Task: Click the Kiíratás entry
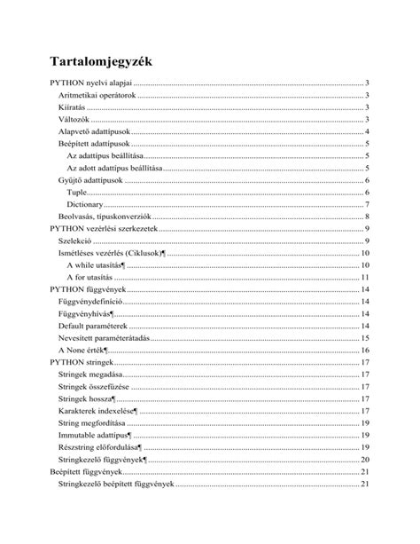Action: (x=72, y=107)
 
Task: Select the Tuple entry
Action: (x=77, y=193)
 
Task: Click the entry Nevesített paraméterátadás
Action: (x=104, y=338)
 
